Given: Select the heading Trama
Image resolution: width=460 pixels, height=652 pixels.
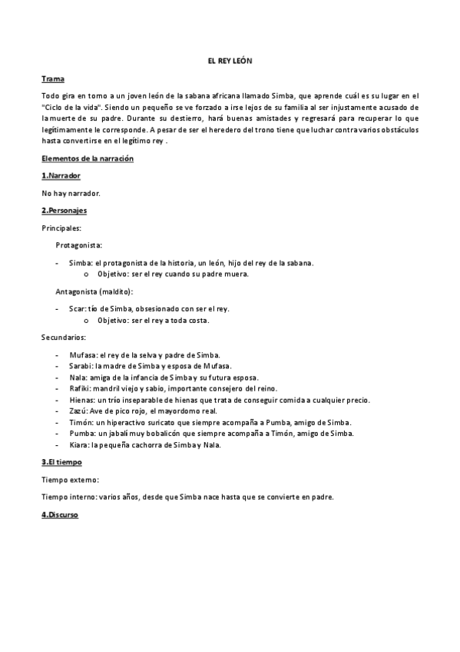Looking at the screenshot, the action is [x=53, y=79].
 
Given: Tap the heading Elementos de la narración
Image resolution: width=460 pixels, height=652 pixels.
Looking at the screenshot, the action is [x=88, y=158].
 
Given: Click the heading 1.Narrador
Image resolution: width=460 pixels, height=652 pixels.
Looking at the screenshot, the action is [x=61, y=176].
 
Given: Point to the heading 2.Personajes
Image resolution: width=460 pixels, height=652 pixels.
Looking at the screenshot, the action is [x=64, y=210].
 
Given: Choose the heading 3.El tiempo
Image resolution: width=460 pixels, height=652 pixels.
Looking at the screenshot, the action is [x=63, y=462].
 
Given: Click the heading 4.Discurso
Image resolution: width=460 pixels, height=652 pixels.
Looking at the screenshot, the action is [x=60, y=514].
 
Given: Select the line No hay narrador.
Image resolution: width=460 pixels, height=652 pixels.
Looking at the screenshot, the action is [x=71, y=193].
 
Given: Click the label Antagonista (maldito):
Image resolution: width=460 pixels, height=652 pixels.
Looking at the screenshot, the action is [x=94, y=291].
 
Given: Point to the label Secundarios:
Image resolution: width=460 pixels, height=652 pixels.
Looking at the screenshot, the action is [x=64, y=337].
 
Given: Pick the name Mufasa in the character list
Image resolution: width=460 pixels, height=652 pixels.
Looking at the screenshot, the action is [x=81, y=354].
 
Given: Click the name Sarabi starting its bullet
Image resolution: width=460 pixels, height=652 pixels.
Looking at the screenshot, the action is [x=80, y=366].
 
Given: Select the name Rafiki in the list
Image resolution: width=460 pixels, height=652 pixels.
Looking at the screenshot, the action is [x=80, y=388].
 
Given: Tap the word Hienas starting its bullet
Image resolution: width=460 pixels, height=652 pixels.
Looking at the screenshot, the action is [x=81, y=400].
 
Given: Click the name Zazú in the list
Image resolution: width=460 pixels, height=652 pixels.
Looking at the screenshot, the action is [x=78, y=411].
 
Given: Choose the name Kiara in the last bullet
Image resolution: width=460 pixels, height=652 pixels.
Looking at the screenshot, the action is [x=79, y=445].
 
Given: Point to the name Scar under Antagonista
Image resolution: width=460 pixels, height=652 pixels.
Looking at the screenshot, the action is [x=77, y=308].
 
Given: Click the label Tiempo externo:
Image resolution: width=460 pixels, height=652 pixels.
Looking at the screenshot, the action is [x=70, y=480].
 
